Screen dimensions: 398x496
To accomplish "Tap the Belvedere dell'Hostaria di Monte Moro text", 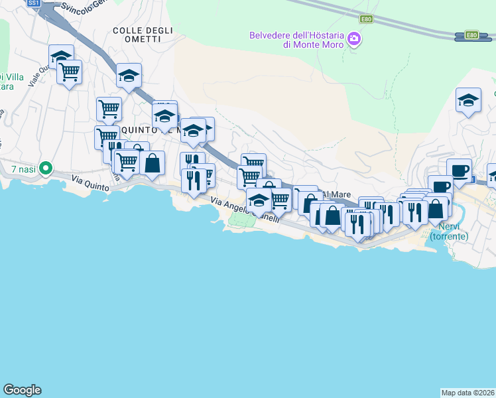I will tap(297, 40).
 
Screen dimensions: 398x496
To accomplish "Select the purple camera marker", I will tap(354, 40).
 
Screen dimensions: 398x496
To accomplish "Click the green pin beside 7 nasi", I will tap(45, 168).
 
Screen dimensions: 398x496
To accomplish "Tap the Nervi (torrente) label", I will tap(449, 231).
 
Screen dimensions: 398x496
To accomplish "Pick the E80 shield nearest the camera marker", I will tap(366, 19).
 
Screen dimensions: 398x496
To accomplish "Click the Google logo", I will tap(22, 390).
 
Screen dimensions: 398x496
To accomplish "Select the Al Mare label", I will tap(336, 194).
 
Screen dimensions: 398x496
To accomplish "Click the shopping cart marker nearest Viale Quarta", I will tap(69, 72).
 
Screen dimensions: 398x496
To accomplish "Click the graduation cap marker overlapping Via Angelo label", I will tap(259, 200).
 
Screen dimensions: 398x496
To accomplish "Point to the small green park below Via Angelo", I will tap(245, 220).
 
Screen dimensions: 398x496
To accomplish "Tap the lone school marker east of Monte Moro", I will tap(469, 101).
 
